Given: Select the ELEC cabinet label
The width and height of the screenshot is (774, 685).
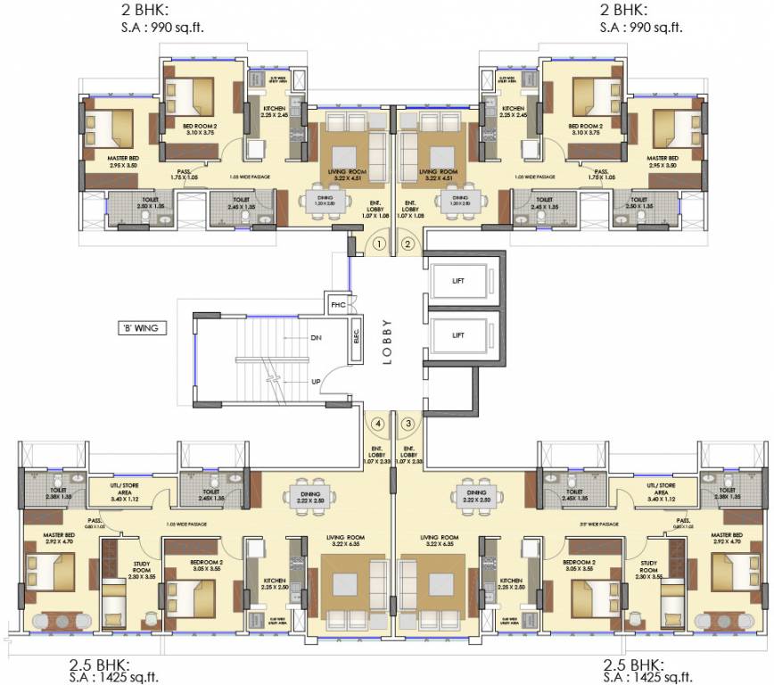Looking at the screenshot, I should [x=356, y=340].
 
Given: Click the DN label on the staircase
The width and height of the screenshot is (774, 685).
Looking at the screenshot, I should [x=315, y=339].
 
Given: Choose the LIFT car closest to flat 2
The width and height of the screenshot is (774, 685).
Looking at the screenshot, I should [x=457, y=282].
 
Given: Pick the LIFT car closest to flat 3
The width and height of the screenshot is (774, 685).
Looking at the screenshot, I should [x=457, y=335].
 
